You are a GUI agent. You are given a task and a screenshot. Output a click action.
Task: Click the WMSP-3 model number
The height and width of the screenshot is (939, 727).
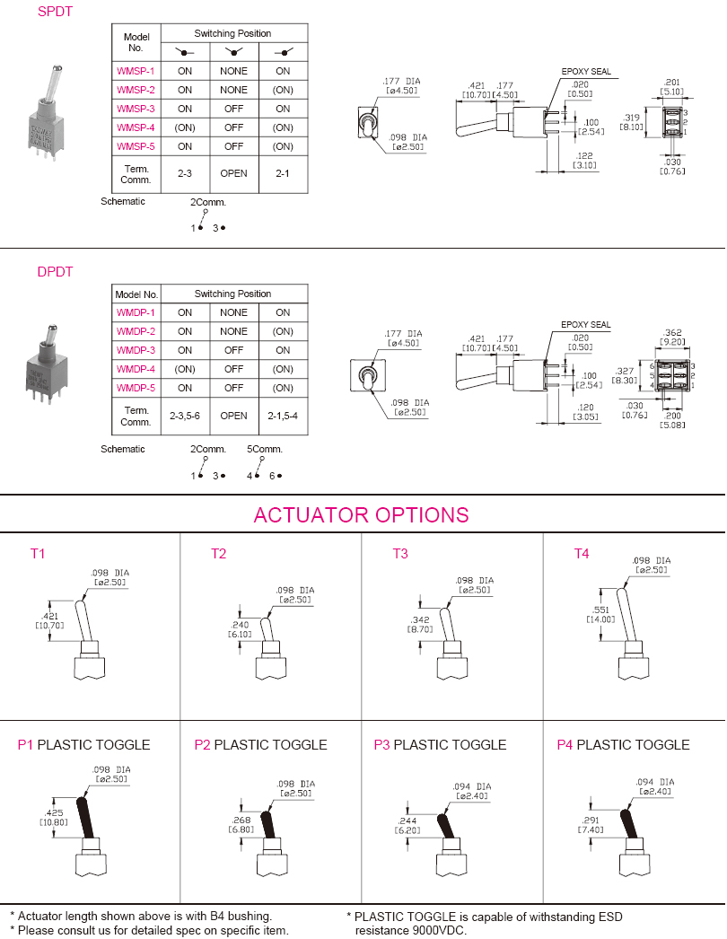click(136, 109)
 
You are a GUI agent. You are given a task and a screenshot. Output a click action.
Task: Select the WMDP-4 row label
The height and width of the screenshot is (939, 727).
click(136, 369)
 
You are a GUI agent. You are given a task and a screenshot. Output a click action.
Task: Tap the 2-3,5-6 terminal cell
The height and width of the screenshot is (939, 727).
click(185, 416)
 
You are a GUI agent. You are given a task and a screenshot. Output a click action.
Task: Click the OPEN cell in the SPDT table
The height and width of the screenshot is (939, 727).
click(233, 173)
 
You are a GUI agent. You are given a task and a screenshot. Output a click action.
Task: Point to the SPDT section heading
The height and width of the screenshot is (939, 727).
click(55, 12)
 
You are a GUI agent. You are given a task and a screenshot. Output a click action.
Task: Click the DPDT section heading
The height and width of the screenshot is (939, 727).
click(55, 272)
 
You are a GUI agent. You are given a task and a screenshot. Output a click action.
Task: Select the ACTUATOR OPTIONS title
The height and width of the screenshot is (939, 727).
click(361, 515)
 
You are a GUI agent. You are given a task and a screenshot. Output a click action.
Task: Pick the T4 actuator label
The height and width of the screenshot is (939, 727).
click(582, 554)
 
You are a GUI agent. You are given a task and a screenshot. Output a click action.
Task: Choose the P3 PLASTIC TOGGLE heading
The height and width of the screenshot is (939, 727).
click(440, 745)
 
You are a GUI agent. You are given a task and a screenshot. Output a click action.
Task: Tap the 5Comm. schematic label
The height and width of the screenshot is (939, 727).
click(265, 449)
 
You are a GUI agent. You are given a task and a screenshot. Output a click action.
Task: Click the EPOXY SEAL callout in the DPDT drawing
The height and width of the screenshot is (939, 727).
click(586, 325)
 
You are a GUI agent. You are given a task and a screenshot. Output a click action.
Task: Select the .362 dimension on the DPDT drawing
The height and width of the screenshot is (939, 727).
click(672, 333)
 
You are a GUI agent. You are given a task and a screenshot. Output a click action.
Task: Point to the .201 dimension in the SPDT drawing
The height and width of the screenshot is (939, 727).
click(672, 83)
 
